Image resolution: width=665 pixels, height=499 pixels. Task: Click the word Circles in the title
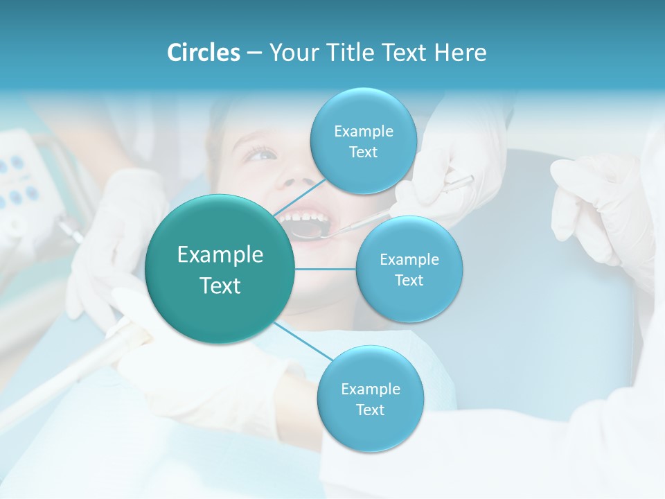pos(203,53)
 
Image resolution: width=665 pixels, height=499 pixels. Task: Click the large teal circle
pos(220,269)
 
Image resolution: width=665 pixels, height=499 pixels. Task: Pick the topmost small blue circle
pos(363,141)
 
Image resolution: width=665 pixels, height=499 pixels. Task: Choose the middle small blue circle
pos(409,269)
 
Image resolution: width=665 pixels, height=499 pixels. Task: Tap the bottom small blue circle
pos(370,399)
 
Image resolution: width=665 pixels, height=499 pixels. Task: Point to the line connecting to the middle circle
pos(325,269)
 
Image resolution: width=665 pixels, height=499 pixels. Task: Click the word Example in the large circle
pos(220,255)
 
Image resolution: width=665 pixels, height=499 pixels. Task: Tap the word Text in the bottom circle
pos(370,410)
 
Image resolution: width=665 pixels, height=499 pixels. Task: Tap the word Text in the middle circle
pos(409,280)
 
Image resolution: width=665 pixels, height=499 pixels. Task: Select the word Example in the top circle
pos(363,131)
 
